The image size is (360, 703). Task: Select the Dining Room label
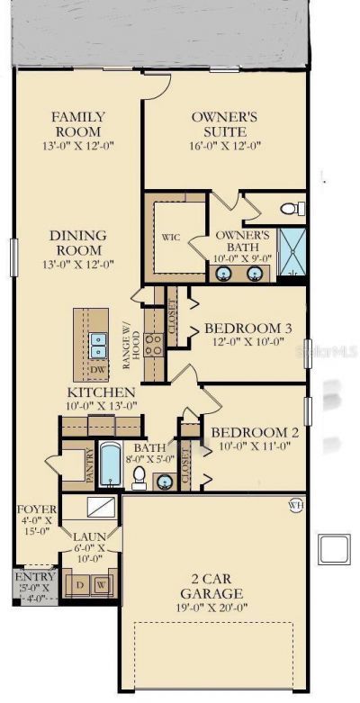click(77, 242)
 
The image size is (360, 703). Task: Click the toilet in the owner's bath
click(292, 209)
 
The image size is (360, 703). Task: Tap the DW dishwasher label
click(97, 369)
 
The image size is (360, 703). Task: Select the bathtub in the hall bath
click(111, 465)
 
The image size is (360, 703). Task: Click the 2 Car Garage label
click(211, 586)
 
